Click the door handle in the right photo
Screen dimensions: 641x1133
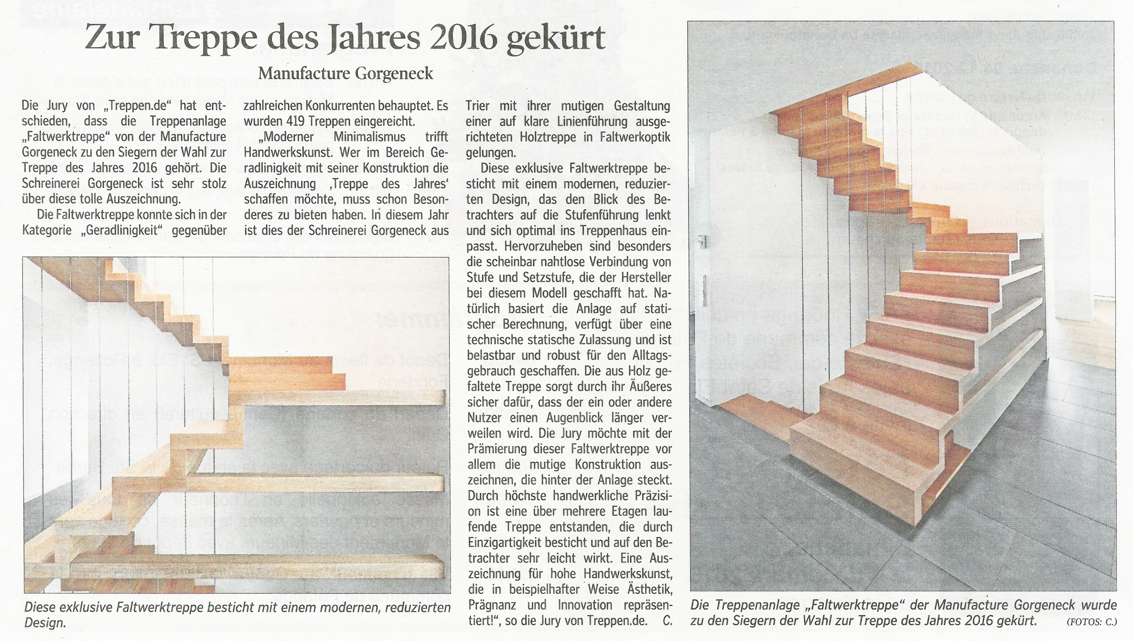click(705, 241)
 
